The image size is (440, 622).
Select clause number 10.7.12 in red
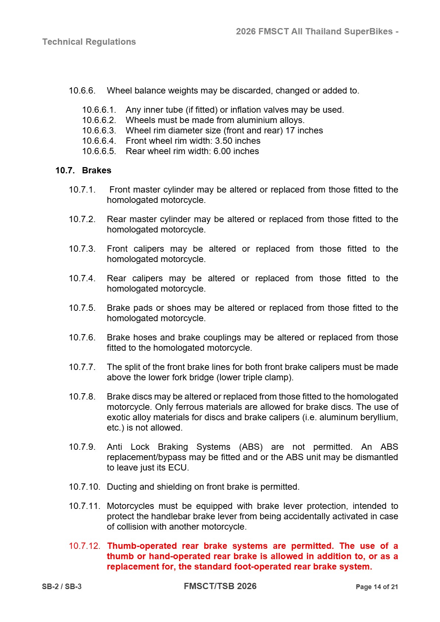coord(84,546)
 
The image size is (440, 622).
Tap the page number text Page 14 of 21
coord(376,587)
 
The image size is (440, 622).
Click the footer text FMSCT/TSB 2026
coord(220,586)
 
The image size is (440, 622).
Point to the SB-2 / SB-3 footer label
coord(62,587)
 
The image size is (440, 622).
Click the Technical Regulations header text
coord(89,42)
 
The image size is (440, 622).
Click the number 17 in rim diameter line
coord(290,130)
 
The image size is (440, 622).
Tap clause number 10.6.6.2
coord(99,120)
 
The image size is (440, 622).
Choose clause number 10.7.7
coord(82,367)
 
